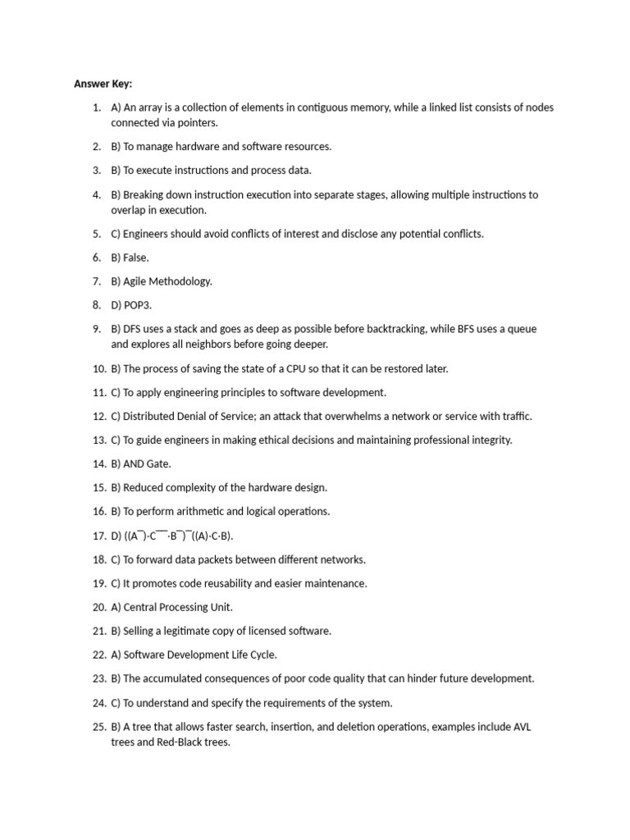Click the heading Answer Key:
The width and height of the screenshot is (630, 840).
click(103, 84)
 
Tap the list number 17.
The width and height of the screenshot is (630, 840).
click(98, 536)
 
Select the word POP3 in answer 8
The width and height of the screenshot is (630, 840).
click(137, 305)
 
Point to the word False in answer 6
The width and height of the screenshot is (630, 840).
click(135, 258)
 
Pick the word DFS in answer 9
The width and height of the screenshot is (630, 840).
click(134, 329)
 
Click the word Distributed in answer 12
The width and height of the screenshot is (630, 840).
click(150, 416)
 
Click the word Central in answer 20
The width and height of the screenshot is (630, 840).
click(142, 607)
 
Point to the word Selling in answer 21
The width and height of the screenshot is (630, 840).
click(140, 631)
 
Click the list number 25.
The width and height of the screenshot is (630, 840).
click(98, 727)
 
